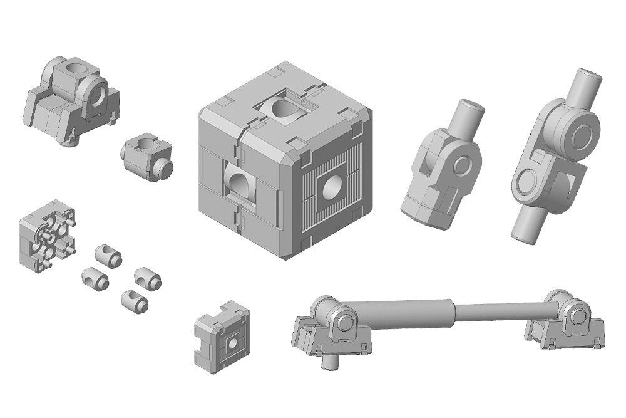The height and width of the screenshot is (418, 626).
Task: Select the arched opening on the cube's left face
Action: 239,184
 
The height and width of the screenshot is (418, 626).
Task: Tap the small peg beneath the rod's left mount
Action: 329,362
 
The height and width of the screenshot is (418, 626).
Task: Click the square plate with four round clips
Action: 48,236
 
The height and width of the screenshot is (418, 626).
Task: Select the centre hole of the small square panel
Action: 232,343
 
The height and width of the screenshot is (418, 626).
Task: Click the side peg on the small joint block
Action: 166,167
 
